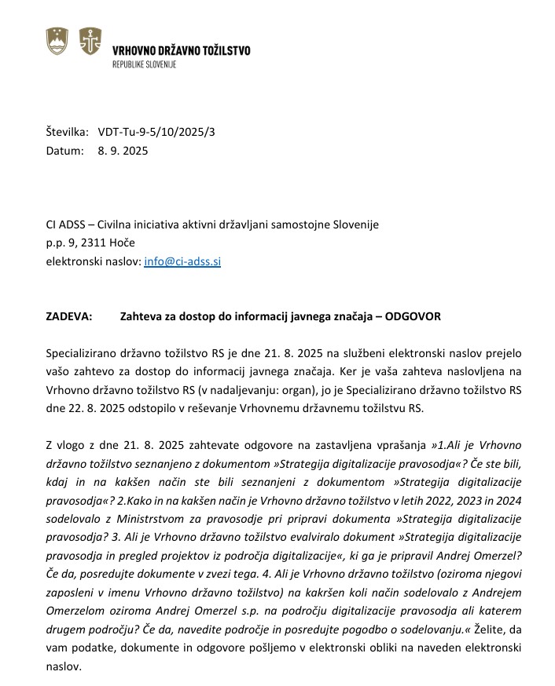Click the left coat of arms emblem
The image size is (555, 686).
coord(57,40)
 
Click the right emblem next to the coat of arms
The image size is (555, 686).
coord(90,40)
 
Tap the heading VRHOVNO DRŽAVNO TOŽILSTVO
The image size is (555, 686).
coord(182,50)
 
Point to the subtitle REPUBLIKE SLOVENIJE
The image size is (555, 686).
coord(145,64)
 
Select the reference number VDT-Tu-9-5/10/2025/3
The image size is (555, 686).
coord(156,132)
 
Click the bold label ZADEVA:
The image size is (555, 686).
coord(69,317)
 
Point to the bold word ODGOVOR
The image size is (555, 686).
coord(413,317)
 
